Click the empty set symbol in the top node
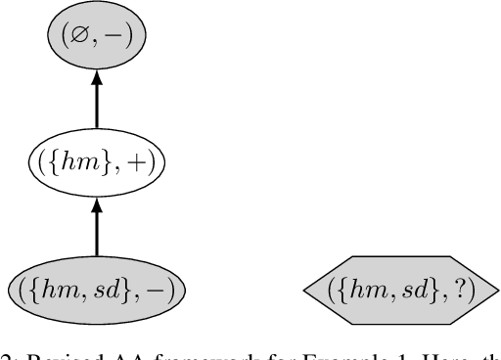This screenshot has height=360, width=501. click(x=80, y=38)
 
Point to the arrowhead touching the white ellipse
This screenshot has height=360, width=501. click(x=96, y=204)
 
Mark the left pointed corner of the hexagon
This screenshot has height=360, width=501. click(x=305, y=291)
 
